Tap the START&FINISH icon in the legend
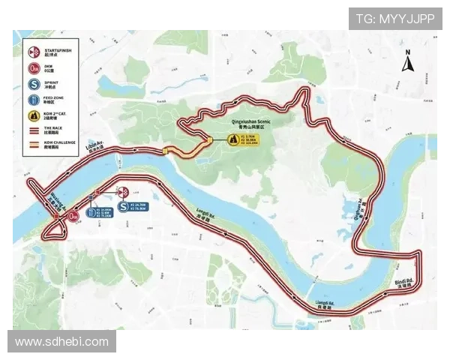[34, 52]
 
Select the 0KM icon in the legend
[34, 70]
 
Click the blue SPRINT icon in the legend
[34, 84]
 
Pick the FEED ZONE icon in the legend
[34, 100]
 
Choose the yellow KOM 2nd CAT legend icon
[34, 116]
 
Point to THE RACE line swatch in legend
[34, 130]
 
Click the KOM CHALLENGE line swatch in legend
[34, 142]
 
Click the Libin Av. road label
[94, 145]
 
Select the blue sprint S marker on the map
[122, 206]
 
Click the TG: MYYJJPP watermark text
[395, 18]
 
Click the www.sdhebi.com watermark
[62, 342]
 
